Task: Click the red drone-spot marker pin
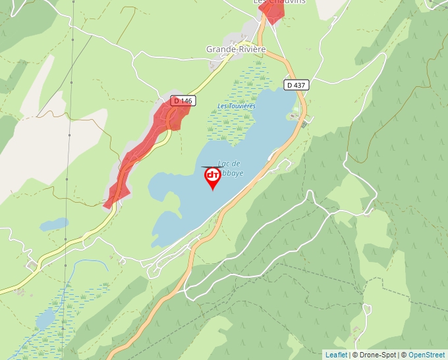pyautogui.click(x=213, y=177)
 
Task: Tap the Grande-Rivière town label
pyautogui.click(x=236, y=49)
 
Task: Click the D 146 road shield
pyautogui.click(x=182, y=101)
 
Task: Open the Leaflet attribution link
pyautogui.click(x=336, y=355)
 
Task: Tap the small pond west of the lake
pyautogui.click(x=53, y=224)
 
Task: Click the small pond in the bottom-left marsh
pyautogui.click(x=45, y=319)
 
